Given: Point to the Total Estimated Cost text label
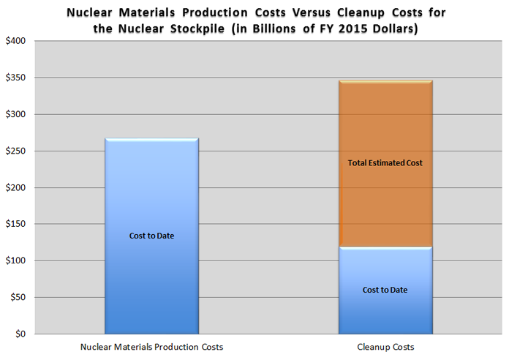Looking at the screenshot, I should tap(385, 162).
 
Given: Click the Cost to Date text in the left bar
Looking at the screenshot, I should tap(151, 236).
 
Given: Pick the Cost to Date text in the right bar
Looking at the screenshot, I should tap(385, 290).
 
